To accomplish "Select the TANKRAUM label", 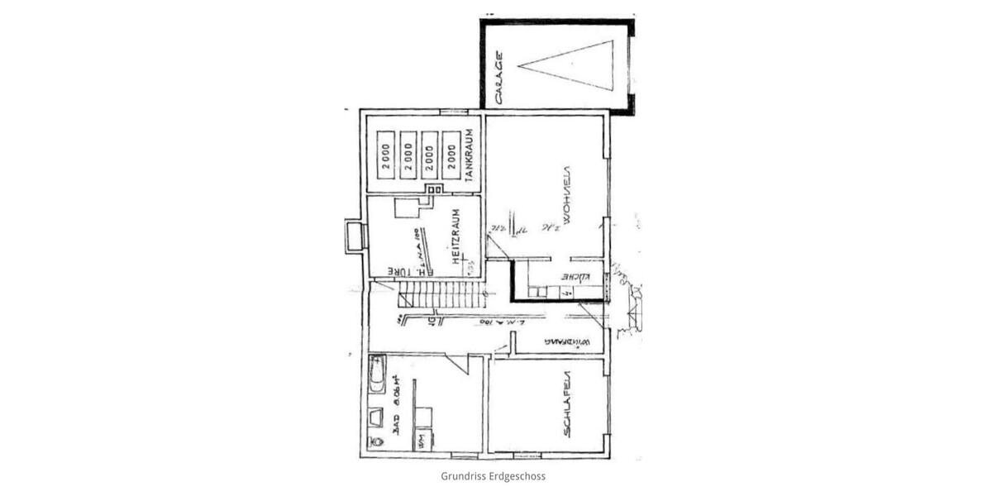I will click(x=469, y=155).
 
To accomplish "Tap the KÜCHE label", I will click(x=575, y=276).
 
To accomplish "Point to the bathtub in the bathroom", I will click(x=377, y=374).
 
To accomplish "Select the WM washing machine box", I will click(x=422, y=441).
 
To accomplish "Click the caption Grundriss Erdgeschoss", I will click(x=493, y=476).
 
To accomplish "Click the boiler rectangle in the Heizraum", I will click(x=406, y=207).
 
